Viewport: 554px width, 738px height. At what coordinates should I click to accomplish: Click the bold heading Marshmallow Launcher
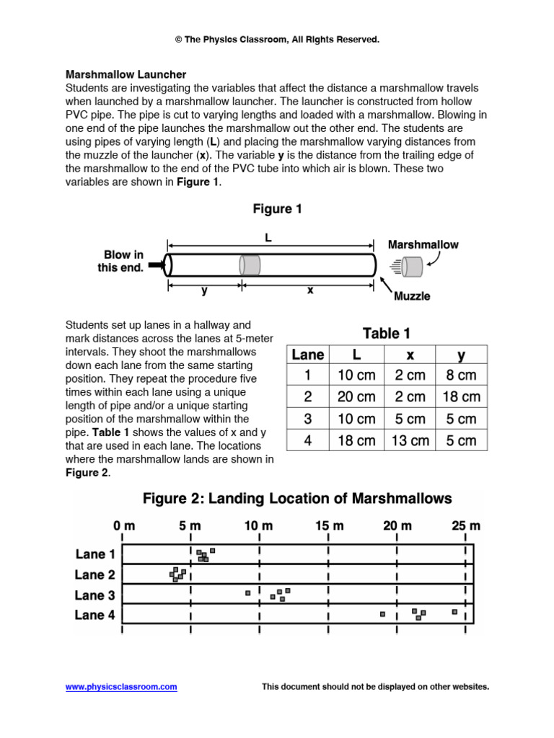tap(126, 74)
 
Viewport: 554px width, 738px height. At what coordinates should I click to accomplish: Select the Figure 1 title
tap(277, 210)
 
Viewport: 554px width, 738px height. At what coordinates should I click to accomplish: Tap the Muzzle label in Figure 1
tap(411, 296)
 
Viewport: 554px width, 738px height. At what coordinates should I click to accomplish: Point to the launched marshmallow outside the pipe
tap(413, 267)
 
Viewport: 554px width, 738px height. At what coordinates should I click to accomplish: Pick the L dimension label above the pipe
tap(268, 237)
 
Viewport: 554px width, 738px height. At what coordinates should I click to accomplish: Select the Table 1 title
tap(386, 333)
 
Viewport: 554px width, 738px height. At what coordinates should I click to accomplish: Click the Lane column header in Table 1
tap(308, 355)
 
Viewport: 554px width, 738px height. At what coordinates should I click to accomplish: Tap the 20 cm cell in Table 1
tap(356, 397)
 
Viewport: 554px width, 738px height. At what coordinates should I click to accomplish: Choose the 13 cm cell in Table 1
tap(410, 440)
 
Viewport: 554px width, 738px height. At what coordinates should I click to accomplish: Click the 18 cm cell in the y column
tap(462, 397)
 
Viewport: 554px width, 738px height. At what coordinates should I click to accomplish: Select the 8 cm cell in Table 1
tap(462, 375)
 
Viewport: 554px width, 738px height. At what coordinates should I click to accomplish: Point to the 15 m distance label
tap(327, 527)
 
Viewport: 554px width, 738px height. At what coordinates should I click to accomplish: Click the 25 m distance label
tap(465, 527)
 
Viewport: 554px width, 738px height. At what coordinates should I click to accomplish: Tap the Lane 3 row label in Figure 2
tap(94, 595)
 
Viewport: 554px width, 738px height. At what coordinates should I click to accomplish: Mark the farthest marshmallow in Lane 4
tap(454, 612)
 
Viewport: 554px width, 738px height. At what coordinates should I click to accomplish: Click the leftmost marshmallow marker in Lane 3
tap(247, 592)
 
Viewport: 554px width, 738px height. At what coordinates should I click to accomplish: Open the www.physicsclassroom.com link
tap(121, 687)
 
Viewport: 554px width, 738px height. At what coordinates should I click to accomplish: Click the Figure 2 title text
tap(297, 499)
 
